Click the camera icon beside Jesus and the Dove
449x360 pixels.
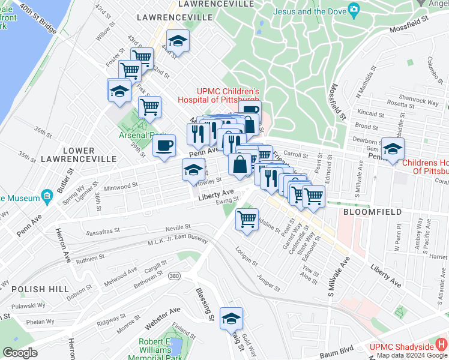(354, 10)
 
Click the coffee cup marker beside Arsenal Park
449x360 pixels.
(164, 145)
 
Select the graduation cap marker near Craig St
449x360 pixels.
(231, 319)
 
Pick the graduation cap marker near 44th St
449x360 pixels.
(177, 41)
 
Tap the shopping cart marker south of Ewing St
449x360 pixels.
(247, 219)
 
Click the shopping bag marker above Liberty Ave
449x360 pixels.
(240, 164)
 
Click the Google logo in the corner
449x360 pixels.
(20, 353)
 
